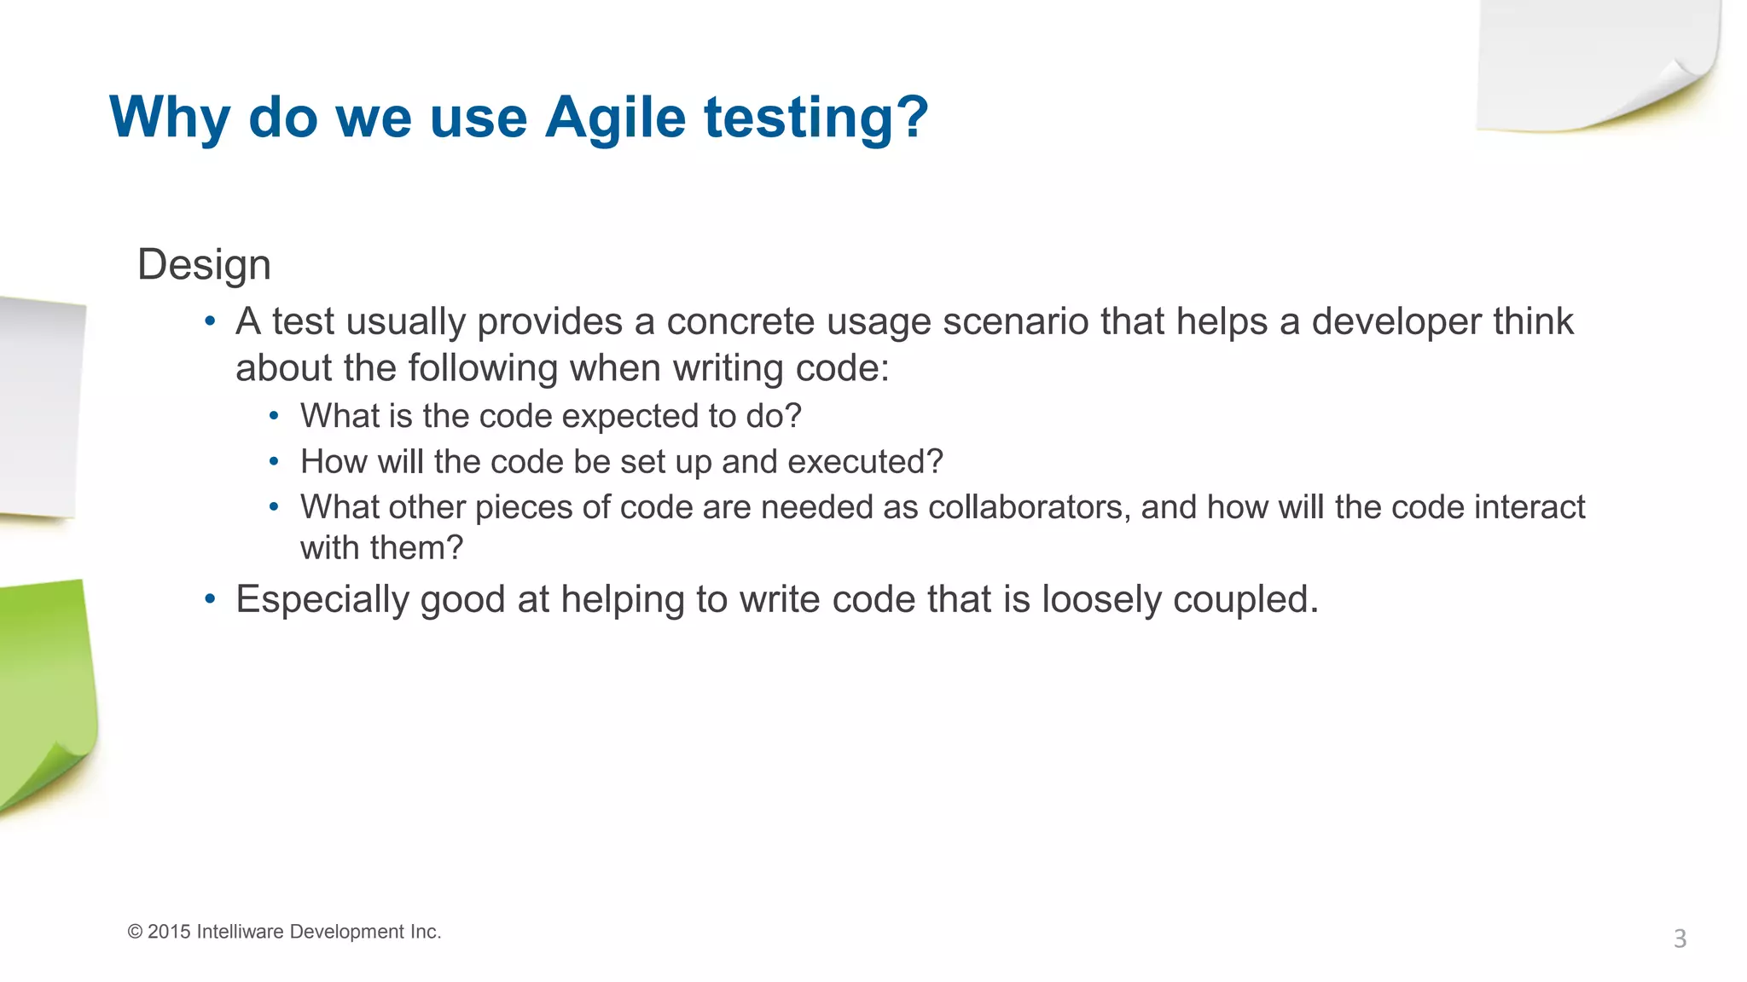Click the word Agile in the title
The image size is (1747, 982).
[x=615, y=118]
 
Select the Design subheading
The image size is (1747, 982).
[x=204, y=264]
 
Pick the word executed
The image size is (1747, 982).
[x=864, y=462]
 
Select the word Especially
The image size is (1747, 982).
[x=322, y=600]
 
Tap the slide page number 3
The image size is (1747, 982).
[x=1680, y=939]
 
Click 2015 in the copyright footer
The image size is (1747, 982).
[x=169, y=932]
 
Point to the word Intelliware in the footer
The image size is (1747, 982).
[x=240, y=932]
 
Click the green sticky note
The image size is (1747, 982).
[x=43, y=682]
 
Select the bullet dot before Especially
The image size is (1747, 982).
[x=210, y=599]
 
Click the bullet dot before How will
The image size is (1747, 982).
[x=274, y=462]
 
